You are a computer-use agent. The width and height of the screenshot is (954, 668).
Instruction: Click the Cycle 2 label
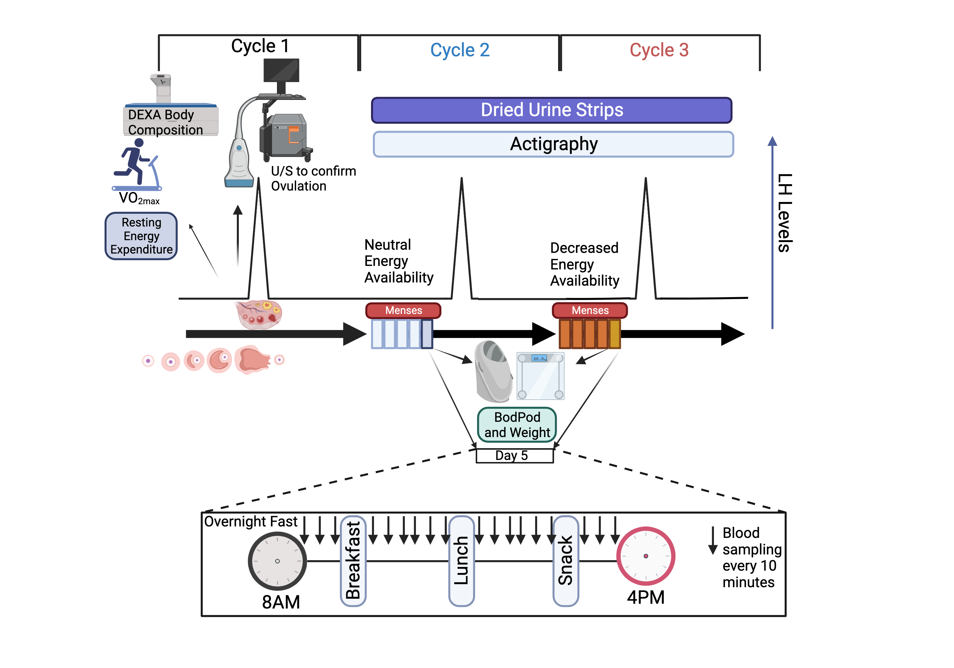click(x=460, y=50)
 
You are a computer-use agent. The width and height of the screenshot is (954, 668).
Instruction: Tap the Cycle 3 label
click(x=659, y=50)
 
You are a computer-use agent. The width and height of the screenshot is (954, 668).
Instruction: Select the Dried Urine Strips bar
click(x=551, y=110)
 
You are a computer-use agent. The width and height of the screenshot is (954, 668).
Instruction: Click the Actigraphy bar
click(x=553, y=144)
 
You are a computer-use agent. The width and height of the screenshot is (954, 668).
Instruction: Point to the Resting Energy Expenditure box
click(x=141, y=236)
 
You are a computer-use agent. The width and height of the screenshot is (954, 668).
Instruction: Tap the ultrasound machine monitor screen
click(x=281, y=70)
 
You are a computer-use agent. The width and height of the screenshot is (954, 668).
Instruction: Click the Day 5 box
click(x=515, y=456)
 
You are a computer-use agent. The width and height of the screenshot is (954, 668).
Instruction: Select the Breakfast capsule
click(x=353, y=561)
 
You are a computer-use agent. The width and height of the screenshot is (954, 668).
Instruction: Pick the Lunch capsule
click(x=461, y=561)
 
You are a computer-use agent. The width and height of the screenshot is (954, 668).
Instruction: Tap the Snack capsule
click(x=565, y=561)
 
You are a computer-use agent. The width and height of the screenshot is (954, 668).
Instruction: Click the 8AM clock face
click(x=277, y=561)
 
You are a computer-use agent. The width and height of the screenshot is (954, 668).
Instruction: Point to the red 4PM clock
click(x=645, y=556)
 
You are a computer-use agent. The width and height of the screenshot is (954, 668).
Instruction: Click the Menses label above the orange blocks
click(x=590, y=310)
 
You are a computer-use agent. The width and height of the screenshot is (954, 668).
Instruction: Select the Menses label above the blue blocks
click(x=403, y=310)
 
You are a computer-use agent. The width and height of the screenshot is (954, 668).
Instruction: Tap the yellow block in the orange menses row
click(x=614, y=334)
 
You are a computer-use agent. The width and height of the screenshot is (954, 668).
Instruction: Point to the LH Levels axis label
click(x=785, y=213)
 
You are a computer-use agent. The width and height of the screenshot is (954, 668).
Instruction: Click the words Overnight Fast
click(x=251, y=521)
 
